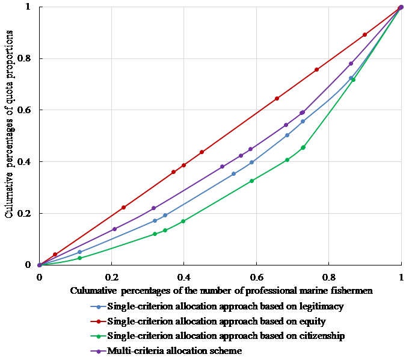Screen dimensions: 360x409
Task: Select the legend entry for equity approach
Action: [x=201, y=320]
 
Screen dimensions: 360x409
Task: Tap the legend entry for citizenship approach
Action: [x=208, y=335]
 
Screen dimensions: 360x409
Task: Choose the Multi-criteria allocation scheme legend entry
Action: [x=174, y=350]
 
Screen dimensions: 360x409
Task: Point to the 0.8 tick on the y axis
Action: [x=26, y=59]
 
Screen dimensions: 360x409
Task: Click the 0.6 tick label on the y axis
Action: [x=26, y=110]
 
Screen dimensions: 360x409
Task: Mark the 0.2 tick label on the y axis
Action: [x=26, y=214]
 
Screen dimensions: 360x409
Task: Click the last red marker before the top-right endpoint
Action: [x=364, y=35]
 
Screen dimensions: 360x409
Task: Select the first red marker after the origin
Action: [x=55, y=255]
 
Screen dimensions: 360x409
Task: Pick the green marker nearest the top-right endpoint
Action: [x=353, y=79]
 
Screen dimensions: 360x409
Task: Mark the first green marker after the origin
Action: [x=79, y=258]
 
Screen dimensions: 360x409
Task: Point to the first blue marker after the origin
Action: [x=79, y=252]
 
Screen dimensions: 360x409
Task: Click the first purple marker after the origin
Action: [x=114, y=229]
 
